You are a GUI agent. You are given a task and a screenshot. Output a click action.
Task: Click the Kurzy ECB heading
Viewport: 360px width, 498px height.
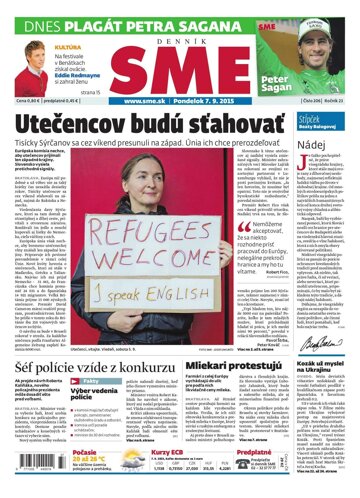point(160,451)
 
